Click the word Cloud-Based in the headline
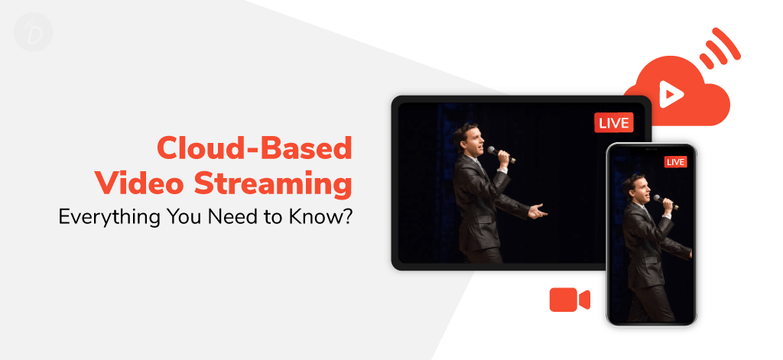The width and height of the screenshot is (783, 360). tap(255, 148)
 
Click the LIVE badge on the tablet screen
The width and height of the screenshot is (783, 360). tap(614, 123)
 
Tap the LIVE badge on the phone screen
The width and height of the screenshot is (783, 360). tap(676, 162)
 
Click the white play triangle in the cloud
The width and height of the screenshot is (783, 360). tap(670, 94)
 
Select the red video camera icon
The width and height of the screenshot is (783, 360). tap(570, 300)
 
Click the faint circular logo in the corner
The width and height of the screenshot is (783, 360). tap(34, 32)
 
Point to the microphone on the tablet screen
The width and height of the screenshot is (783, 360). tap(501, 154)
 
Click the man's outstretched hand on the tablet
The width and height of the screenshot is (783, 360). tap(538, 211)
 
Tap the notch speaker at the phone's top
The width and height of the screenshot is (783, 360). tap(651, 148)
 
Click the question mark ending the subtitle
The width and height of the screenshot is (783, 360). tap(347, 216)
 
